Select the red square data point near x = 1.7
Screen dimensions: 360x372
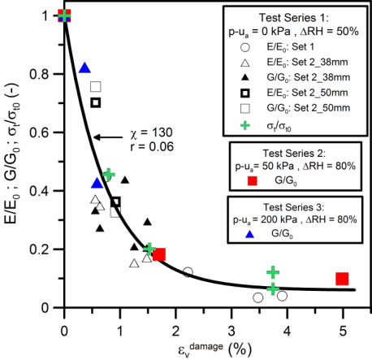pyautogui.click(x=159, y=254)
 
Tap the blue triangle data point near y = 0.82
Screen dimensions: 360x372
pyautogui.click(x=84, y=68)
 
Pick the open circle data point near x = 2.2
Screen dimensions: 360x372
pyautogui.click(x=188, y=272)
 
